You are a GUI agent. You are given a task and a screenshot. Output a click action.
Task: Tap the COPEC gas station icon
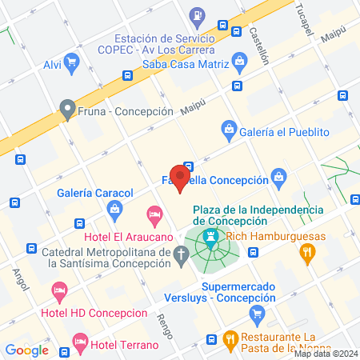[x=197, y=15]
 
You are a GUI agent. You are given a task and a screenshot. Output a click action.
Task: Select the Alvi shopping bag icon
[x=72, y=61]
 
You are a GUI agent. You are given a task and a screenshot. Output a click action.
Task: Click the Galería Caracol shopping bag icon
[x=114, y=210]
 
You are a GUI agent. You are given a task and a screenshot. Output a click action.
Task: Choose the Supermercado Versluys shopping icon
[x=257, y=313]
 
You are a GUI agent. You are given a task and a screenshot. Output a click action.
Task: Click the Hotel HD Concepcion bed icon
[x=58, y=289]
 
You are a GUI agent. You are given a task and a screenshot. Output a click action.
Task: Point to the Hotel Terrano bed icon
[x=79, y=342]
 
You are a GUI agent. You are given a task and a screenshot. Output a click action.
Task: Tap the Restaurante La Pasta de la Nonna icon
[x=230, y=338]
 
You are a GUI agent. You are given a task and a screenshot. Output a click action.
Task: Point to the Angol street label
[x=18, y=279]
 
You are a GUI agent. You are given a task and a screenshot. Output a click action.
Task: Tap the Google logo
[x=27, y=350]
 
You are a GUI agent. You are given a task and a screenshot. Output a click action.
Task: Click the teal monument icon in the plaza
[x=211, y=237]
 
